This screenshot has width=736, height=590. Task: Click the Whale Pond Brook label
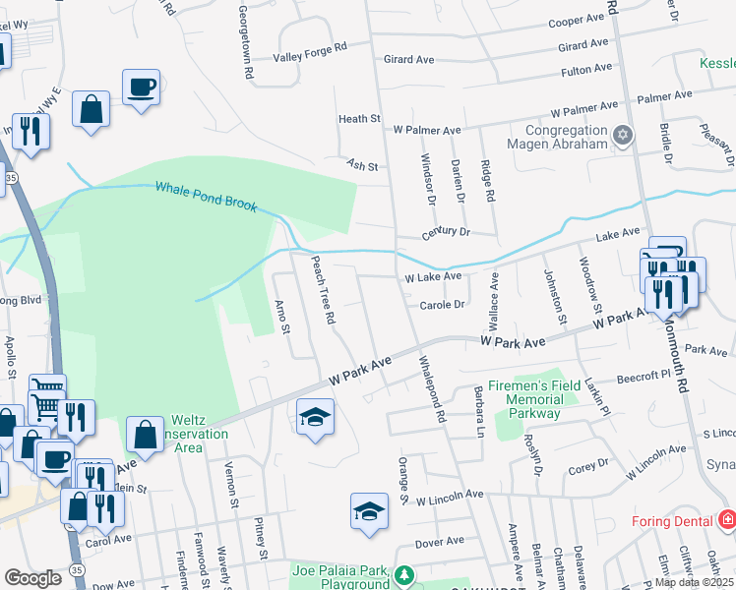click(206, 196)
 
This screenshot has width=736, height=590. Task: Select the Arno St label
click(282, 316)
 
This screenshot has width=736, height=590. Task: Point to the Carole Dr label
click(442, 305)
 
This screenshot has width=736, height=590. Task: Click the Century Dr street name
click(446, 233)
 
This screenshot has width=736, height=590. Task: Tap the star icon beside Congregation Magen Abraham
click(622, 135)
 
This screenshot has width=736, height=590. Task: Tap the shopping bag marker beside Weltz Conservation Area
click(145, 433)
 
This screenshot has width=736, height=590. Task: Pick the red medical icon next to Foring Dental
click(727, 518)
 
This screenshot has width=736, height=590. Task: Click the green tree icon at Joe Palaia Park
click(403, 575)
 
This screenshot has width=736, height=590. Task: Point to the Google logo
click(32, 578)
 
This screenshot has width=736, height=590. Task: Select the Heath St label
click(359, 119)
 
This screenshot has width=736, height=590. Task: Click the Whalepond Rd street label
click(430, 390)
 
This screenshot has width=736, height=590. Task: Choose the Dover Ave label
click(439, 542)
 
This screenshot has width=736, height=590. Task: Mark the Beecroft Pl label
click(643, 377)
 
